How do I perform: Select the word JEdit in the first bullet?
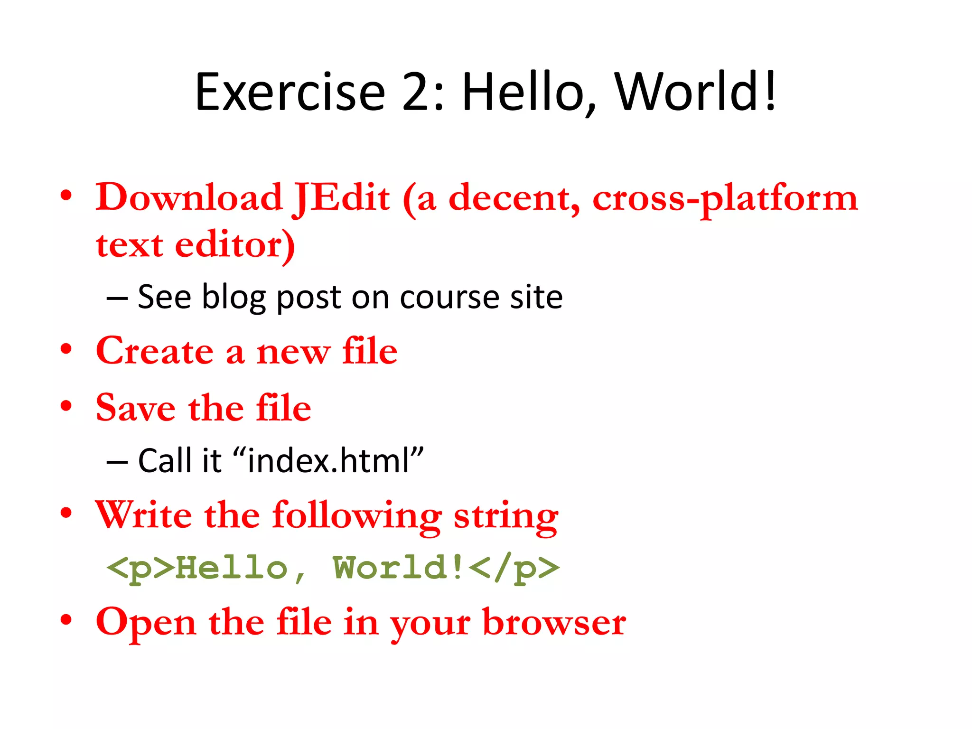[x=342, y=198]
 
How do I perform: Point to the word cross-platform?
[x=725, y=199]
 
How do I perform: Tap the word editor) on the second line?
[x=235, y=245]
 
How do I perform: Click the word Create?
[x=155, y=351]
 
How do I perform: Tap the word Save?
[x=136, y=408]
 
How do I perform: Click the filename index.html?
[x=328, y=461]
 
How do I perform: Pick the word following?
[x=357, y=516]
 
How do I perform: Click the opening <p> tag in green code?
[x=140, y=568]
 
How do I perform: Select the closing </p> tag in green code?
[x=516, y=568]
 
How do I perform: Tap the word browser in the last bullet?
[x=554, y=623]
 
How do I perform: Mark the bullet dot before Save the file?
[x=66, y=406]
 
